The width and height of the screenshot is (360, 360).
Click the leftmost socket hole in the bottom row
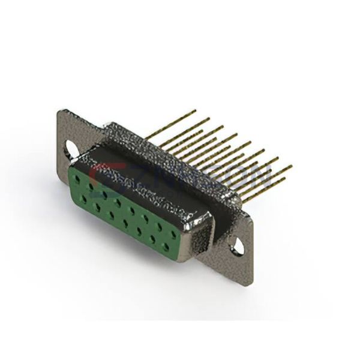coord(85,197)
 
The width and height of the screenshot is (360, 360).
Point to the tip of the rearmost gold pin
coord(195,110)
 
